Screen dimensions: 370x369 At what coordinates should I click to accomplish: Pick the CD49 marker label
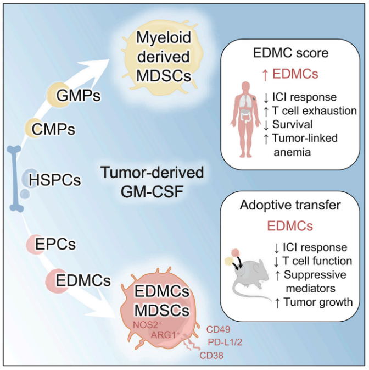tap(218, 330)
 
